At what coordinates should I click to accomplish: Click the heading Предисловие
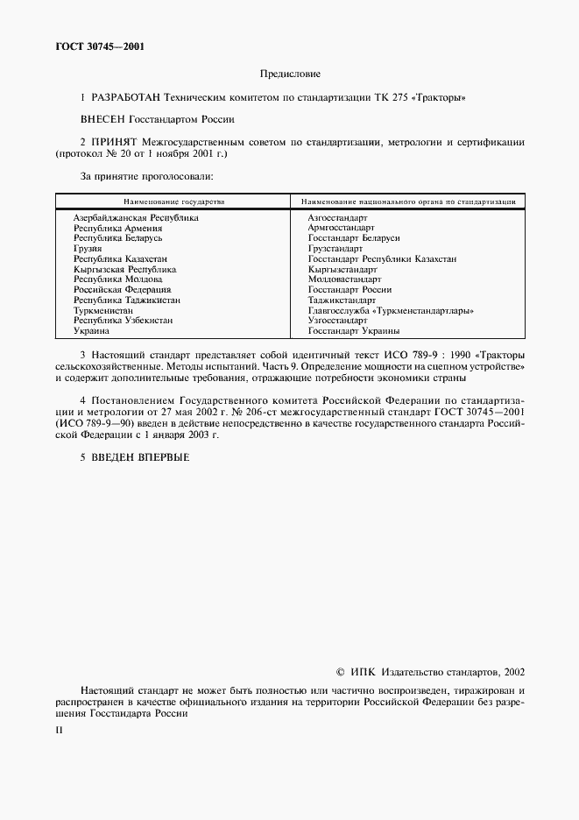289,74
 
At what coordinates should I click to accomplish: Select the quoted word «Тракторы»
441,98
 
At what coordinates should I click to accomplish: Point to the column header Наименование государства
173,201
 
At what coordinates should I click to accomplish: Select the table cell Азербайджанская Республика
136,217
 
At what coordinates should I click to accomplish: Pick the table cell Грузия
88,249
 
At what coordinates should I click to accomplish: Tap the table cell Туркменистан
103,310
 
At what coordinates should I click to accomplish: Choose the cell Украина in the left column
91,331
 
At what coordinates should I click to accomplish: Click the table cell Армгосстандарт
341,228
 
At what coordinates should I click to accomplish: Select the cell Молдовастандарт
344,279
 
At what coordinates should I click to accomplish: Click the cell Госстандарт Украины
354,331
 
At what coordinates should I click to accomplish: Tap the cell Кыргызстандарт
342,269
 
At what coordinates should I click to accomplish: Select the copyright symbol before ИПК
342,672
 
